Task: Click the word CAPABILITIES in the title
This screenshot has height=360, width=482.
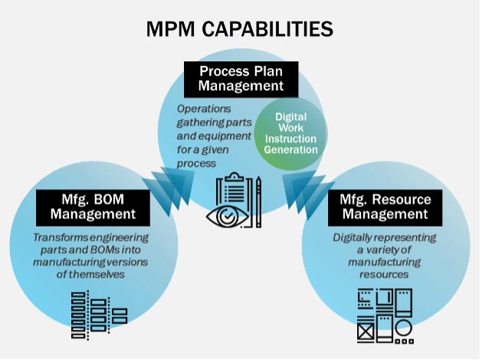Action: pyautogui.click(x=267, y=29)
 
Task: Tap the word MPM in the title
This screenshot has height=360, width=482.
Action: pyautogui.click(x=170, y=29)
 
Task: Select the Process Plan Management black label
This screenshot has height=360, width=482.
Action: pyautogui.click(x=241, y=79)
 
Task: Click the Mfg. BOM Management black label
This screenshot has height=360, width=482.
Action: pyautogui.click(x=93, y=208)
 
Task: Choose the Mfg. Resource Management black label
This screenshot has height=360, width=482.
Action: pyautogui.click(x=385, y=208)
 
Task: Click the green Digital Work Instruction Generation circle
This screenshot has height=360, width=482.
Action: pyautogui.click(x=290, y=133)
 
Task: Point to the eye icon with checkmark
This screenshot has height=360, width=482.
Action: pyautogui.click(x=228, y=216)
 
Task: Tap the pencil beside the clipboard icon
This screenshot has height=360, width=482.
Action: pyautogui.click(x=258, y=201)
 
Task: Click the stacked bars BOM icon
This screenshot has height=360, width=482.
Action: pyautogui.click(x=99, y=315)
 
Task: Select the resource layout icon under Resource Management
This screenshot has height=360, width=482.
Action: pyautogui.click(x=385, y=316)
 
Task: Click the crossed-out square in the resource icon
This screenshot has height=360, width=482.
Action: pyautogui.click(x=366, y=332)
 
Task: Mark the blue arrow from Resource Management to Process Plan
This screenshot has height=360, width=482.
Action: pyautogui.click(x=308, y=193)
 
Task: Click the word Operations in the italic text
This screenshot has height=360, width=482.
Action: pyautogui.click(x=204, y=109)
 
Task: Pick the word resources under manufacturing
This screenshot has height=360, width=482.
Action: pyautogui.click(x=384, y=274)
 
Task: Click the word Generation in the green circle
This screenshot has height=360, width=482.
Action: pyautogui.click(x=290, y=149)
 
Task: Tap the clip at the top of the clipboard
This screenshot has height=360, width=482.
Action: pyautogui.click(x=234, y=177)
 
